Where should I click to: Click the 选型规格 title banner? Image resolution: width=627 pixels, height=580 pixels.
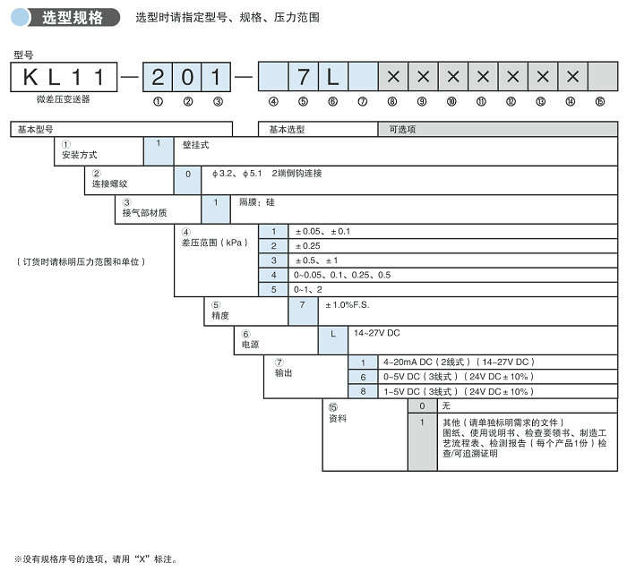[x=72, y=17]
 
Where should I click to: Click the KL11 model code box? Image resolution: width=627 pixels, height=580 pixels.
[x=63, y=76]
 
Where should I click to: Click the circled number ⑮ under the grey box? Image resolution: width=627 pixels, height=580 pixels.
[x=599, y=102]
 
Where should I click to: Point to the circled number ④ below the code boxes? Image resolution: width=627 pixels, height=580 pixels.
[x=273, y=102]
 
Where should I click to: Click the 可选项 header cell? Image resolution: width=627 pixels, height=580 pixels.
[x=497, y=129]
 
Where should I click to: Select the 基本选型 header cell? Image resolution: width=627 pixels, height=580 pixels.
[x=317, y=129]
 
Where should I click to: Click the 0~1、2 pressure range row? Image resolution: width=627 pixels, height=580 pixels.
[x=309, y=288]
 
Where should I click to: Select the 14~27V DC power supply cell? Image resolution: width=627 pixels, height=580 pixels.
[x=377, y=333]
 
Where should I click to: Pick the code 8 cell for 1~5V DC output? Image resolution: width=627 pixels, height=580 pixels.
[x=363, y=391]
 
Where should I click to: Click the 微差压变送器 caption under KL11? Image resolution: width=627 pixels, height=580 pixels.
[x=56, y=99]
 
